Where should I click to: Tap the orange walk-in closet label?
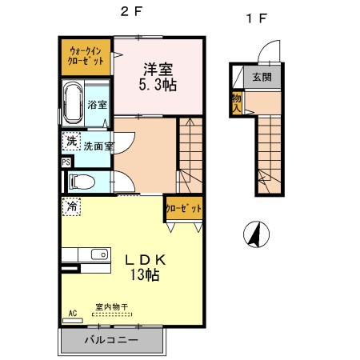(85, 55)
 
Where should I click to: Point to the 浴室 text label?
(98, 105)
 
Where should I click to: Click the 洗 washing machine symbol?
(71, 141)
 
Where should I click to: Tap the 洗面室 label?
(98, 146)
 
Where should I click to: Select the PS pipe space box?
(65, 162)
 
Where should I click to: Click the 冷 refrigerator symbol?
(71, 206)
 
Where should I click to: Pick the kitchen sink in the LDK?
(99, 255)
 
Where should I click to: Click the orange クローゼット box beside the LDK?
(183, 208)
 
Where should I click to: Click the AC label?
(72, 314)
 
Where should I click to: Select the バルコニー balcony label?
(112, 340)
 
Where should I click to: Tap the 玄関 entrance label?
(262, 78)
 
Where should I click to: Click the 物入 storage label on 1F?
(237, 102)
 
